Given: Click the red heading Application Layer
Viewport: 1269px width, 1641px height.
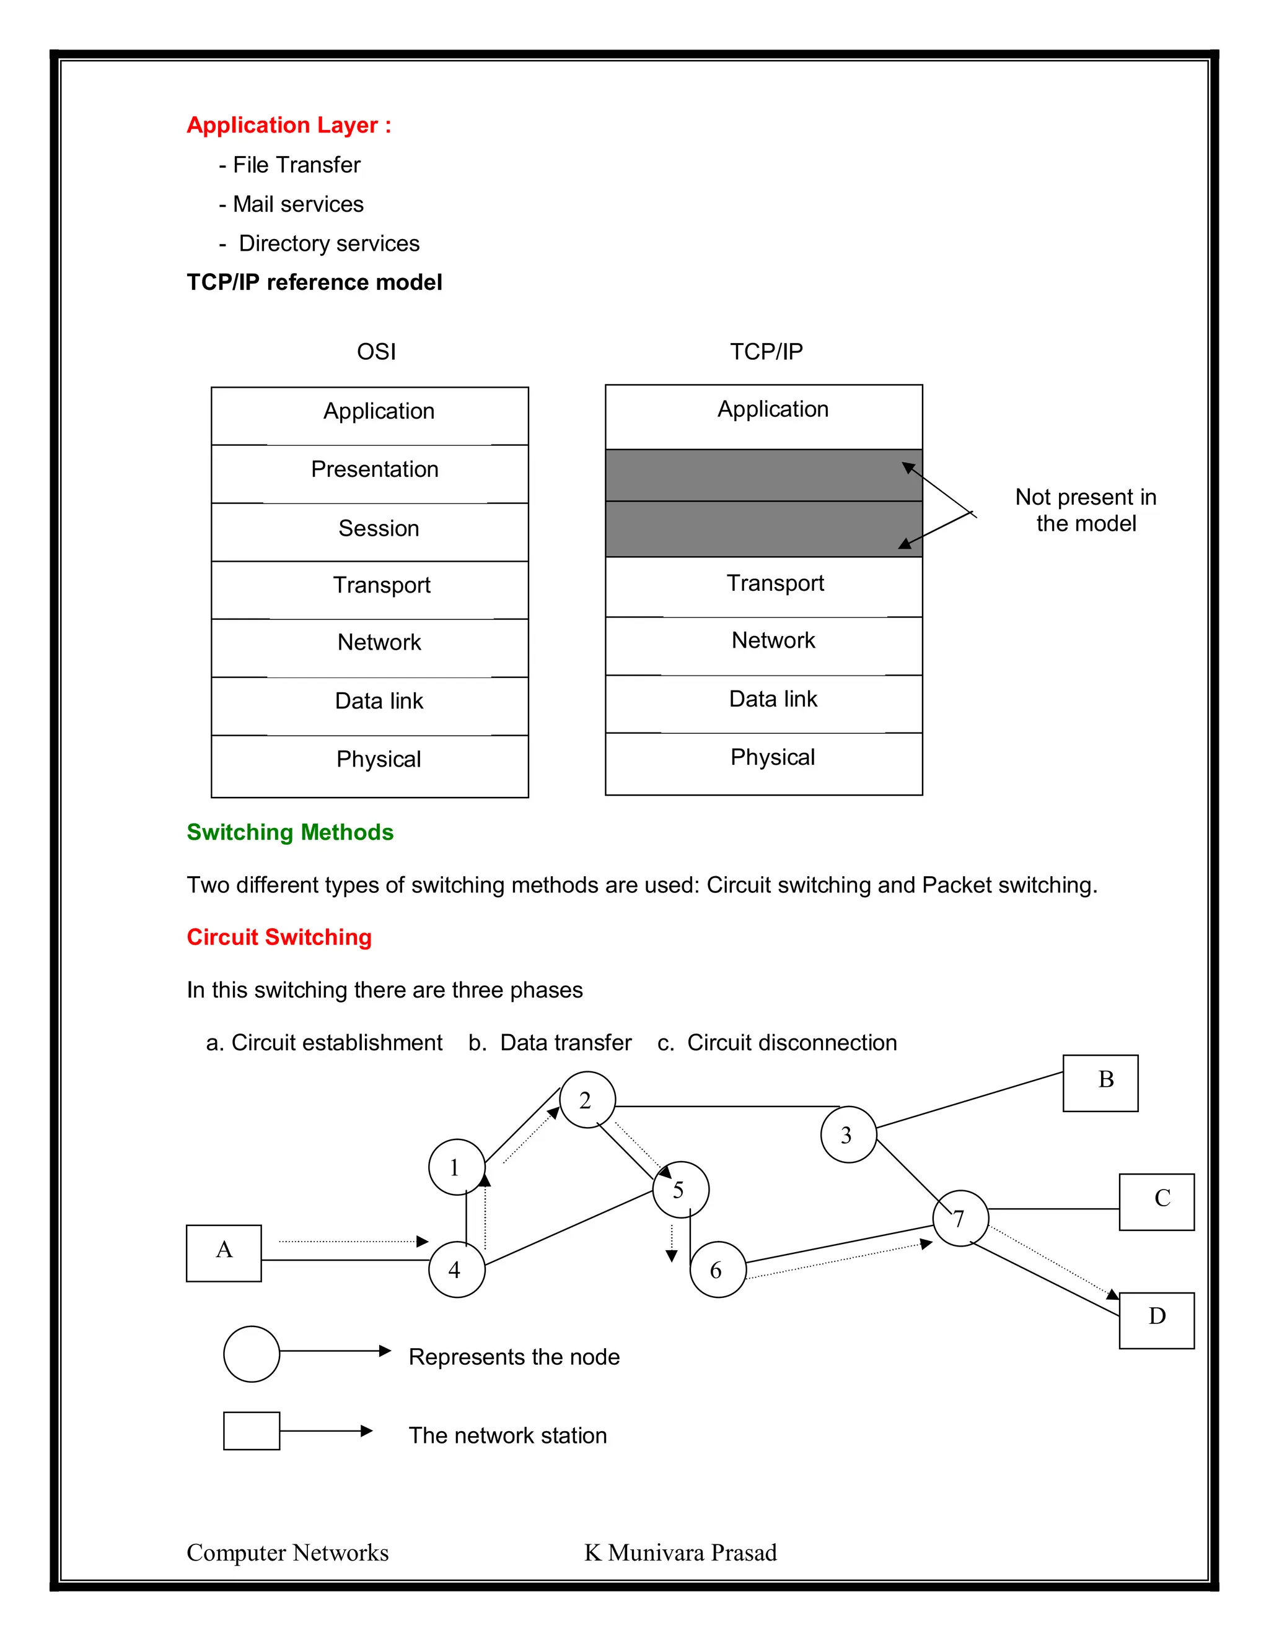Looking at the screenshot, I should click(x=289, y=124).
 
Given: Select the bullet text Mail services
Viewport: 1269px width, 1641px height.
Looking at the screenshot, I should click(x=297, y=204).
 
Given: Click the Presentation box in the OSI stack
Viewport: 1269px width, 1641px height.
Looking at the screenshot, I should click(x=370, y=473).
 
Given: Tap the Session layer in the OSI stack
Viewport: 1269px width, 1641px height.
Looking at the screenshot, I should click(x=370, y=531).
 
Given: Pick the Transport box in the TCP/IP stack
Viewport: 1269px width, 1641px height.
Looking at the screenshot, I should click(x=764, y=586).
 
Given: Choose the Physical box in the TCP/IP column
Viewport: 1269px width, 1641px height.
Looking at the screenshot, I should click(x=764, y=762).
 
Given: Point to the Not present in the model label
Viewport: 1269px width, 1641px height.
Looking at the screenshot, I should click(x=1086, y=510).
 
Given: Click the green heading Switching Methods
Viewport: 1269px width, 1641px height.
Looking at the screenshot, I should click(x=290, y=832).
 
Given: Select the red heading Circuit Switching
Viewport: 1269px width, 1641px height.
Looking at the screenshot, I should click(x=279, y=937).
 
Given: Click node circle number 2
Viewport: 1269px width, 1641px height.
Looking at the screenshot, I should click(x=587, y=1100).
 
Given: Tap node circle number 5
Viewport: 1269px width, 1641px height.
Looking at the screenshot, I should click(x=680, y=1190).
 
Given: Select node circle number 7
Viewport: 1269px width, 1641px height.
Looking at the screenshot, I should click(x=960, y=1218).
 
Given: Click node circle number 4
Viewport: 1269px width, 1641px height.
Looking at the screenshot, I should click(x=456, y=1269).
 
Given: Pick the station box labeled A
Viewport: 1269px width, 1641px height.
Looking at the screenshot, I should click(x=224, y=1253).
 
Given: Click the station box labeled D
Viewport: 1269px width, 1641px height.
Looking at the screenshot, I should click(x=1156, y=1320).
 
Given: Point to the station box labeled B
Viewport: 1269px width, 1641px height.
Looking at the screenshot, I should click(x=1100, y=1082).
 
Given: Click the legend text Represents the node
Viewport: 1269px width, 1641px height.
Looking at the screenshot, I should click(x=514, y=1357).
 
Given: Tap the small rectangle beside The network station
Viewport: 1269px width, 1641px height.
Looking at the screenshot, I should click(x=251, y=1430).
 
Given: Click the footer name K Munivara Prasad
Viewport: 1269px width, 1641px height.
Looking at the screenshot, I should click(x=680, y=1552).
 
